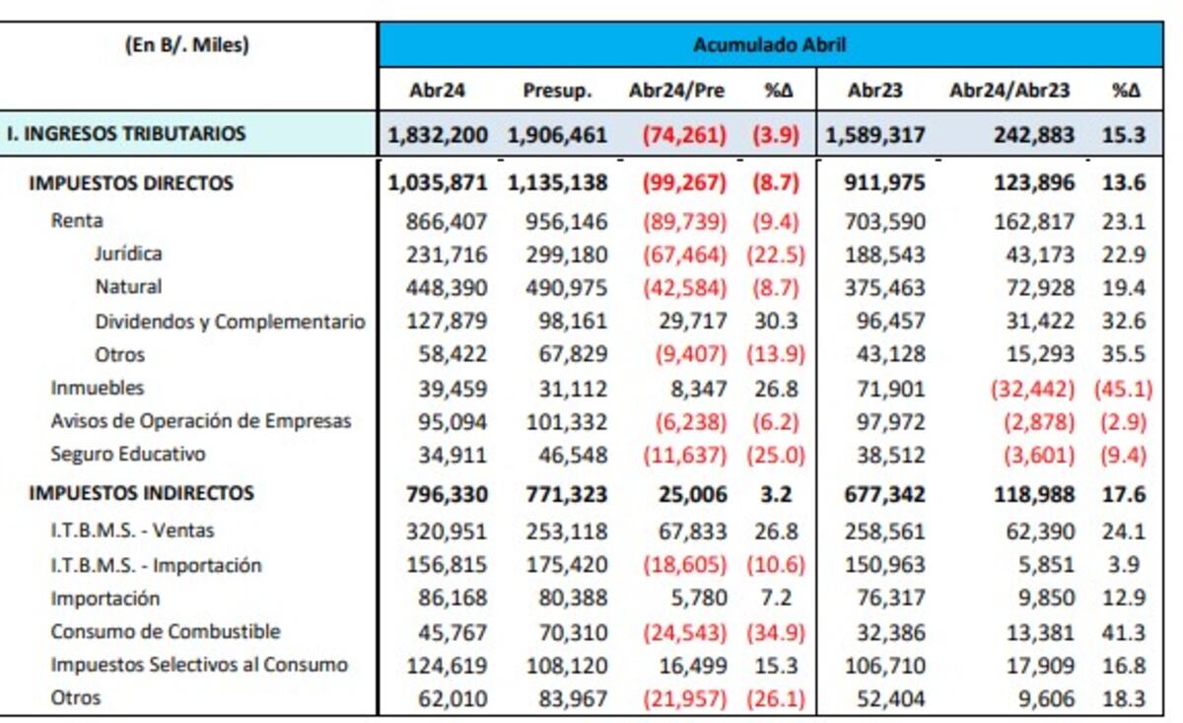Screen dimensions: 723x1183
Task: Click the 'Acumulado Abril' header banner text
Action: coord(769,44)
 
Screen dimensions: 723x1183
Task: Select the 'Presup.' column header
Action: coord(557,91)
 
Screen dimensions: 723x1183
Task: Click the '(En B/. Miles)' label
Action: coord(187,44)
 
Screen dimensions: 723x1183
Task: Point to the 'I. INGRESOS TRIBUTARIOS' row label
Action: coord(125,134)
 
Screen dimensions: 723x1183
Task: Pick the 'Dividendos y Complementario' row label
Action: coord(230,322)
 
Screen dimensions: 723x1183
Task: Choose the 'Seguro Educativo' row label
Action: coord(128,455)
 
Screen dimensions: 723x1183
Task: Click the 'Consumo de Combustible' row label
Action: coord(166,631)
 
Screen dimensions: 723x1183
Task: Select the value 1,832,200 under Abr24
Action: coord(438,135)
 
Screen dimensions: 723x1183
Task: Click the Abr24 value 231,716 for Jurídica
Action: coord(447,254)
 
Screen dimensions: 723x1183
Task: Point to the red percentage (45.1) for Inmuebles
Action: coord(1122,389)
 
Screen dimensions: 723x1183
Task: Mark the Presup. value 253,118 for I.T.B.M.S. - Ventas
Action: coord(565,531)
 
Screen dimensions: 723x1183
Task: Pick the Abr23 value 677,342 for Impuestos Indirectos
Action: coord(885,494)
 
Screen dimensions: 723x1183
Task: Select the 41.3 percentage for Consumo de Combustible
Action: coord(1124,632)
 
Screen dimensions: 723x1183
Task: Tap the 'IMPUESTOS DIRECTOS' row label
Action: coord(131,183)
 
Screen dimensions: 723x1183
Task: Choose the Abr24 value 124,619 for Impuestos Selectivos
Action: coord(447,666)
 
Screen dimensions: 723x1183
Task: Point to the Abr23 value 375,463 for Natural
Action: coord(885,288)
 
